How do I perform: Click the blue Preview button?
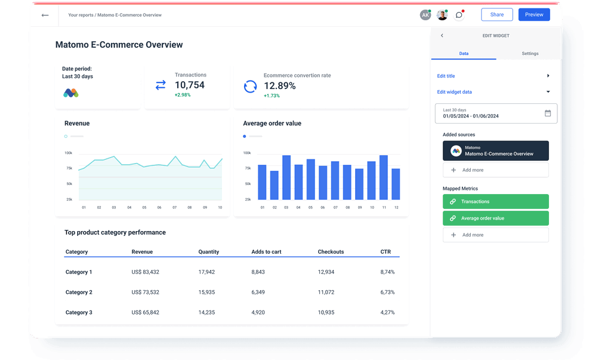(534, 15)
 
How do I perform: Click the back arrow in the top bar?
(45, 15)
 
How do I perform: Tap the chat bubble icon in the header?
(459, 15)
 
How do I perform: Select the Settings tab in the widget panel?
(529, 54)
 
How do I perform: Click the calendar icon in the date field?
(548, 113)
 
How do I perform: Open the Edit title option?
(446, 76)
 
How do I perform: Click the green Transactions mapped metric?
(495, 202)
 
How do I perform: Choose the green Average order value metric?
(495, 219)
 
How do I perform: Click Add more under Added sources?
(495, 170)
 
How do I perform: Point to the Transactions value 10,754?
(189, 85)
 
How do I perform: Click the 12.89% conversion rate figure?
(279, 86)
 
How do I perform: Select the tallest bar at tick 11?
(383, 177)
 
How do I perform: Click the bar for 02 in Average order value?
(274, 185)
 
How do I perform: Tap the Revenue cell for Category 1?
(145, 272)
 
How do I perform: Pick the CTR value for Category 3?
(387, 312)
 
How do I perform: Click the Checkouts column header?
(331, 252)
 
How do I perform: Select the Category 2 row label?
(79, 293)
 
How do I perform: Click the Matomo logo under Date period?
(71, 93)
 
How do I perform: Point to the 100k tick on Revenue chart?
(69, 153)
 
